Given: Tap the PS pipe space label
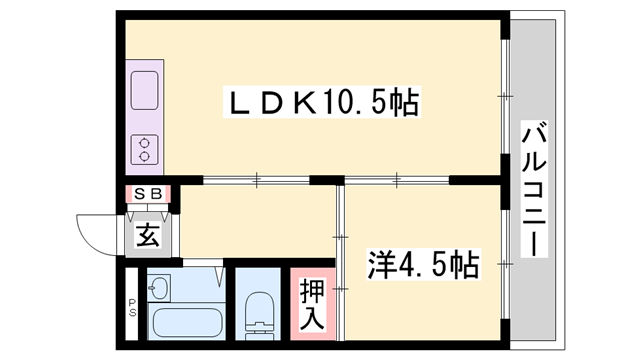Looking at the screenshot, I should tap(131, 310).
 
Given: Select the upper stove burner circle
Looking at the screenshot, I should tap(145, 141).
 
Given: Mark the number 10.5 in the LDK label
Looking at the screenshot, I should tap(363, 102).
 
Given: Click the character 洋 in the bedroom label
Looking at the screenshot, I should tap(377, 267).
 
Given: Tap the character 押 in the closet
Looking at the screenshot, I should tap(312, 291).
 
